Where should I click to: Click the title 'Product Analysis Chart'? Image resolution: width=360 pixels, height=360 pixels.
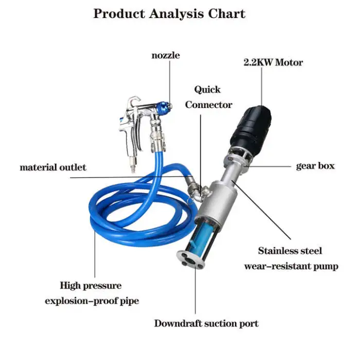click(169, 14)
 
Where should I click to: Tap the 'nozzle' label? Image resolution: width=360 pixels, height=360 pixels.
click(166, 56)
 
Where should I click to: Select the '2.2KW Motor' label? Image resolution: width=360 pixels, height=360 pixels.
click(273, 62)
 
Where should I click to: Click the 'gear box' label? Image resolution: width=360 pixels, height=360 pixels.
click(315, 166)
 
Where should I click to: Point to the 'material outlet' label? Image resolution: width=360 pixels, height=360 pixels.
click(53, 167)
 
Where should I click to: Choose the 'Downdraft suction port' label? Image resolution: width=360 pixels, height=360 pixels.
click(206, 323)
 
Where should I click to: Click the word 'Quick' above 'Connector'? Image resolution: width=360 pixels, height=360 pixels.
click(207, 89)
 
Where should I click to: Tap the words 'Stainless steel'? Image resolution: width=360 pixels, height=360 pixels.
click(290, 251)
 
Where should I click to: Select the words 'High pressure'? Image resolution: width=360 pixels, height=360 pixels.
click(91, 286)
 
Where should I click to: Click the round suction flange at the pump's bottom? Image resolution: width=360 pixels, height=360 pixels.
click(191, 260)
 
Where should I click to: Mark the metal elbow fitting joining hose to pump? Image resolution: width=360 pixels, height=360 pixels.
click(197, 190)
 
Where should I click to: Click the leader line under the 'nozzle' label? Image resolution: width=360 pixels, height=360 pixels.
click(170, 82)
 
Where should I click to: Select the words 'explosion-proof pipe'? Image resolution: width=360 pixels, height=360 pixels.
click(92, 301)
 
